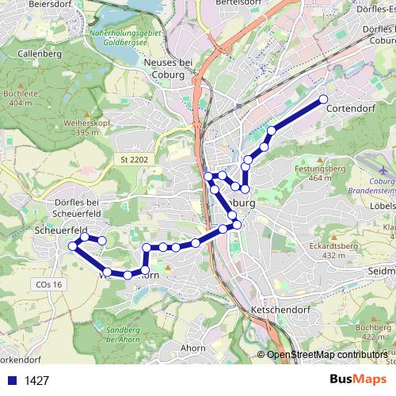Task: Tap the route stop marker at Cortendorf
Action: tap(323, 99)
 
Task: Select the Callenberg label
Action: tap(40, 54)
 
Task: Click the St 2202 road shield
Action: tap(134, 159)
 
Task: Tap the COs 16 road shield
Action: tap(48, 284)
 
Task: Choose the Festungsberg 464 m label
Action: tap(319, 173)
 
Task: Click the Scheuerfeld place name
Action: tap(55, 230)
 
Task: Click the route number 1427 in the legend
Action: tap(37, 381)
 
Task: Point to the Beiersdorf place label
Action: tap(49, 4)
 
